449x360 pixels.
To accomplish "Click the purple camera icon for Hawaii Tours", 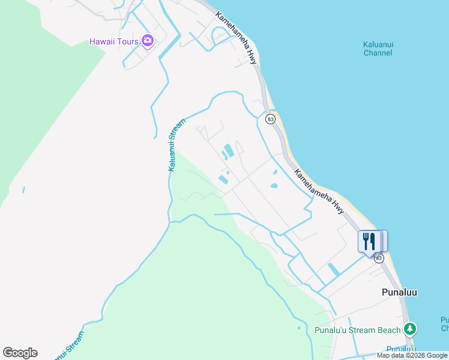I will coord(148,41).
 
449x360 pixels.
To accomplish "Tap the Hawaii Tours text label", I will coord(114,41).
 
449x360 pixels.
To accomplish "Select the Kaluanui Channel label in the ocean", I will coord(378,49).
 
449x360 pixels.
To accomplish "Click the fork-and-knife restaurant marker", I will coord(369,242).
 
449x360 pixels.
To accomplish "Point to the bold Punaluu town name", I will coord(399,292).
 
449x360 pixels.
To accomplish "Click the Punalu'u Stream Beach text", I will coord(357,330).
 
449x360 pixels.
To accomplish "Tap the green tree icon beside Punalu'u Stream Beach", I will coord(410,329).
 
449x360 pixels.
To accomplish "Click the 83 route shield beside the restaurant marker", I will coord(379,258).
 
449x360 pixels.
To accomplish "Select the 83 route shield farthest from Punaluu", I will coord(271,119).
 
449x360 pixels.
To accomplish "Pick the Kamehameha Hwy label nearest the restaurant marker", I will coord(319,191).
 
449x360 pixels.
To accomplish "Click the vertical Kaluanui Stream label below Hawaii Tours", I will coord(172,144).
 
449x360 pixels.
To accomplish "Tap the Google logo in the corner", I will coord(20,353).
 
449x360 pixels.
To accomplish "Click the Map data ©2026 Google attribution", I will coord(412,355).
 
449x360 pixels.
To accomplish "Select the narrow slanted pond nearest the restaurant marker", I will coord(334,270).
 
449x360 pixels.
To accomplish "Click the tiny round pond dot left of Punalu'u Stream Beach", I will coord(298,328).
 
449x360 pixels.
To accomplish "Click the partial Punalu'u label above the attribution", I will coord(401,349).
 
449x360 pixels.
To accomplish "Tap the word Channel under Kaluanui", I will coord(378,53).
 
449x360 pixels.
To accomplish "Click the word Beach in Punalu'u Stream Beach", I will coord(388,330).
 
